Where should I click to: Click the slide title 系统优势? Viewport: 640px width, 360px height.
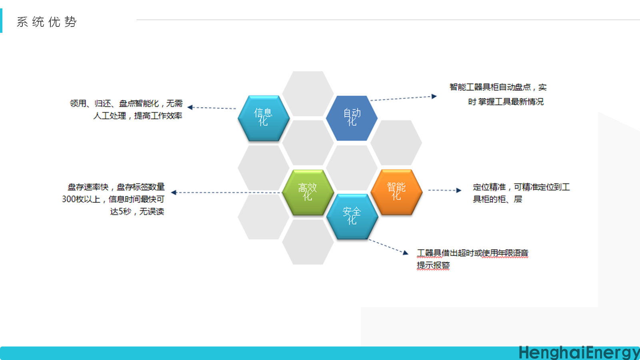tap(46, 22)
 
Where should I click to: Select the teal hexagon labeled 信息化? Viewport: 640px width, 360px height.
tap(263, 118)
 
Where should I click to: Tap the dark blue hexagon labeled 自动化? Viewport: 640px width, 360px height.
tap(352, 118)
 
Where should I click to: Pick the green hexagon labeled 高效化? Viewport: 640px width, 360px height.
tap(308, 192)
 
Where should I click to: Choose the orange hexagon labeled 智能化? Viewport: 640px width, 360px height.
tap(396, 192)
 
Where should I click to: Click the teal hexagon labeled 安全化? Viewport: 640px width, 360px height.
tap(352, 216)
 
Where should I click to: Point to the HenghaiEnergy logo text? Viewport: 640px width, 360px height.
tap(578, 352)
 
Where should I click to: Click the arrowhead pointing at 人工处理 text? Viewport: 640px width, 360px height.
tap(190, 107)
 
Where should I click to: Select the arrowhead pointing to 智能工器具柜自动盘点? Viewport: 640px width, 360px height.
tap(434, 96)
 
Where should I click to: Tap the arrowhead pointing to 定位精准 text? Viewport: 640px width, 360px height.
tap(459, 190)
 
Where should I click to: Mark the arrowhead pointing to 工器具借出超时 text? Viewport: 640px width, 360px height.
tap(406, 252)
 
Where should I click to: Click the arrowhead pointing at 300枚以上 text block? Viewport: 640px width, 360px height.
tap(174, 192)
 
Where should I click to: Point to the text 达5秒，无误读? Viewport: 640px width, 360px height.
tap(137, 212)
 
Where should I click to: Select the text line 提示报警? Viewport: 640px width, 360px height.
tap(433, 265)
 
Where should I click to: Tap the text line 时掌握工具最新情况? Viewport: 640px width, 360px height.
tap(506, 102)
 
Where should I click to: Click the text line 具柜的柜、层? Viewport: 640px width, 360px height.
tap(497, 199)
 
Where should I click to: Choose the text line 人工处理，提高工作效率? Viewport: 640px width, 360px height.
tap(138, 116)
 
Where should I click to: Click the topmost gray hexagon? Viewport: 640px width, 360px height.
tap(308, 93)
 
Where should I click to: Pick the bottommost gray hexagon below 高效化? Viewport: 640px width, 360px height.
tap(308, 242)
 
